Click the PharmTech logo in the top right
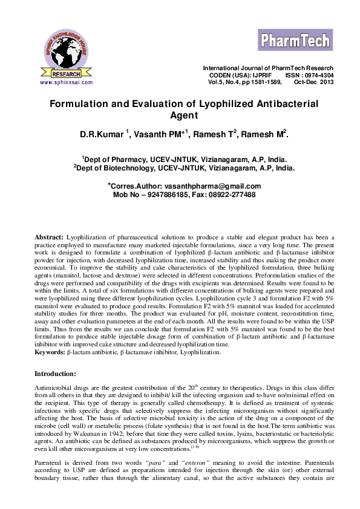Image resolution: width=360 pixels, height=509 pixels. [x=296, y=41]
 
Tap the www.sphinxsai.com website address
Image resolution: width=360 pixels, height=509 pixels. [x=66, y=81]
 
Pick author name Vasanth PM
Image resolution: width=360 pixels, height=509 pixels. [x=159, y=134]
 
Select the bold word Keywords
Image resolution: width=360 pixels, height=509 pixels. [x=50, y=351]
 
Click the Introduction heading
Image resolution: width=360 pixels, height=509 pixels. [x=55, y=374]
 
